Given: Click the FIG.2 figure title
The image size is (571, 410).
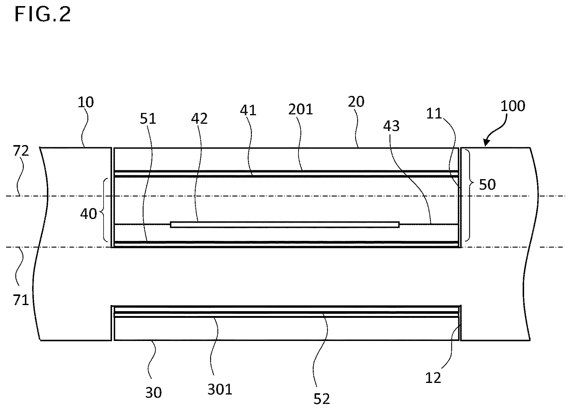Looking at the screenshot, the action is (43, 14).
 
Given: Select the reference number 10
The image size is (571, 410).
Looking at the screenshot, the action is (86, 102).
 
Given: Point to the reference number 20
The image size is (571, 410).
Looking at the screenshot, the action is (356, 102).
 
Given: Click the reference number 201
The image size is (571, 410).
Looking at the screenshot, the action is (301, 109).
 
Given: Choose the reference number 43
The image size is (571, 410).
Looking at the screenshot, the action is (391, 125).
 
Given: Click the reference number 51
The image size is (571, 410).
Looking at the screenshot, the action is (148, 119).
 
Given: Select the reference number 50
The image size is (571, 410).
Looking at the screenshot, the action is (487, 184).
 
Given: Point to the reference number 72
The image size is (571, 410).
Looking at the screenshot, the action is (21, 151).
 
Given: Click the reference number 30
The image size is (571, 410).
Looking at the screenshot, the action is (153, 392).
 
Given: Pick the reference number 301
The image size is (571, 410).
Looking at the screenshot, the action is (220, 389).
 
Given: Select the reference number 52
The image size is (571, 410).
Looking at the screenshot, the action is (322, 398).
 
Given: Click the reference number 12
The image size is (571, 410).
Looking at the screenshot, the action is (433, 378).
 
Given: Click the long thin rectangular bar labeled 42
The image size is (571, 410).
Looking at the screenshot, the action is (285, 224).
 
